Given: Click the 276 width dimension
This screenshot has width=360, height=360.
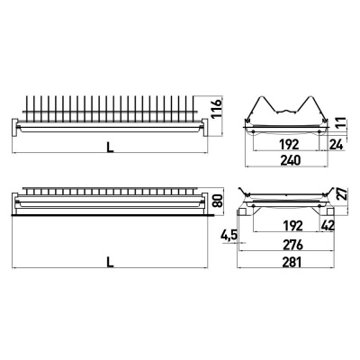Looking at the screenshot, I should [x=291, y=245].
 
